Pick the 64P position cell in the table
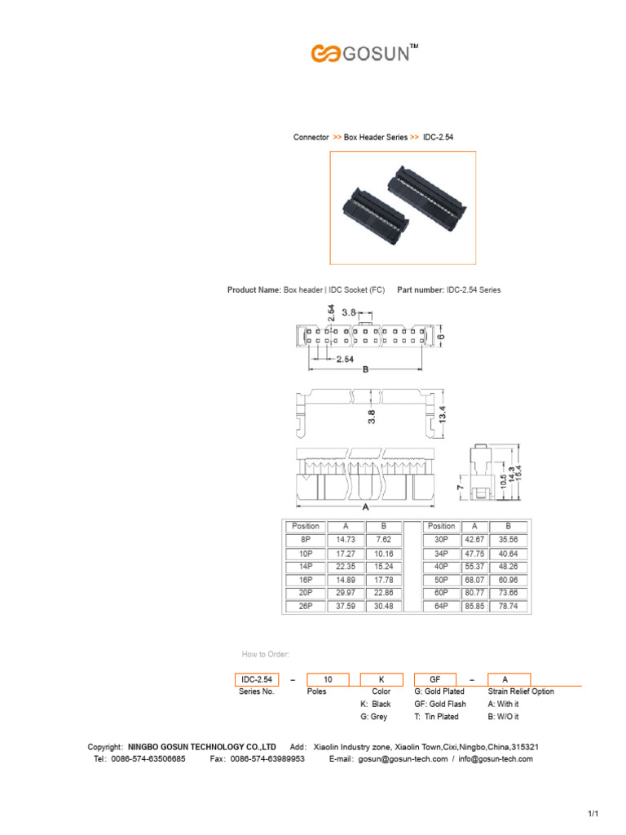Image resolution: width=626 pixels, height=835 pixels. [441, 607]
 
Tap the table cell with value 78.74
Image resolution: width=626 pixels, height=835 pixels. [508, 607]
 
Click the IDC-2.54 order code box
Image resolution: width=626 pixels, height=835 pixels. [257, 679]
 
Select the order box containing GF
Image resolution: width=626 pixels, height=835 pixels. [437, 679]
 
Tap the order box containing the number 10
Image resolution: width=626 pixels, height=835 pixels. [328, 679]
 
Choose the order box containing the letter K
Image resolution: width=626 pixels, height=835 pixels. [382, 679]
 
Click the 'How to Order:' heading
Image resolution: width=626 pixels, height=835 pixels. [266, 654]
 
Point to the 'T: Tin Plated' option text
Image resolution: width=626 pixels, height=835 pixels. [436, 717]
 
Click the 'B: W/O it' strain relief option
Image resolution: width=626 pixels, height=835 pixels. [503, 717]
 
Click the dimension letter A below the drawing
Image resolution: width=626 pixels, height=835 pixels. [365, 506]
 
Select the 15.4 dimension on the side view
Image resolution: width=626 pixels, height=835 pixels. [517, 473]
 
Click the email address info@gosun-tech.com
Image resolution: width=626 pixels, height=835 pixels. [495, 759]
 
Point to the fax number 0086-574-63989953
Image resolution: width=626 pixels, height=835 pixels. [268, 759]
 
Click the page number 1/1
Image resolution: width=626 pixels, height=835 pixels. [593, 815]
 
